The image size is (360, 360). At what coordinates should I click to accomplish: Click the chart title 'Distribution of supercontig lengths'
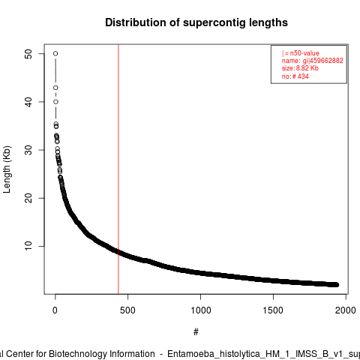(x=196, y=22)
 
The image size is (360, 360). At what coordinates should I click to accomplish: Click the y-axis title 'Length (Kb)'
(x=7, y=169)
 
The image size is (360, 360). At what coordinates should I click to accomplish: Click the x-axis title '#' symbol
(x=196, y=332)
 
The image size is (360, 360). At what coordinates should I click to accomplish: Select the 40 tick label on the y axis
(x=28, y=102)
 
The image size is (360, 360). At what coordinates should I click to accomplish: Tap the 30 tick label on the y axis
(x=28, y=150)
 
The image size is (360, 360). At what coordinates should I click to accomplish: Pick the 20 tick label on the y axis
(x=28, y=198)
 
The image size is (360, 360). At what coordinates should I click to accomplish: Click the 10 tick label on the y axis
(x=28, y=246)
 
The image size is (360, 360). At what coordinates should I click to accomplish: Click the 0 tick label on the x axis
(x=55, y=310)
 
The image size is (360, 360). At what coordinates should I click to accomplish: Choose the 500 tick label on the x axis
(x=127, y=310)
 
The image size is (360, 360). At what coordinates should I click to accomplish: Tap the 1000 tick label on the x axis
(x=201, y=310)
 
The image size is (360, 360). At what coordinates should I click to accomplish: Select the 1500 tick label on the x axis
(x=273, y=310)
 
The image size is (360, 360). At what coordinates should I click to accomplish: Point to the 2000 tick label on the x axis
(x=346, y=310)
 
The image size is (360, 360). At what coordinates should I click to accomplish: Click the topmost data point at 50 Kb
(x=55, y=53)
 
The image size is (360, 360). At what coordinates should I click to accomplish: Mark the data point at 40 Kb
(x=55, y=102)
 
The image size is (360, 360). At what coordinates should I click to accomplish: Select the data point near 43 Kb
(x=55, y=88)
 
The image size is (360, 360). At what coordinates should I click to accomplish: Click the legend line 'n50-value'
(x=301, y=53)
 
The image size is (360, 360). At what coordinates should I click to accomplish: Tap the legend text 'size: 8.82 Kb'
(x=300, y=68)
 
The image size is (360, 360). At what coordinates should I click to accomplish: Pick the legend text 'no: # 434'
(x=295, y=76)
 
